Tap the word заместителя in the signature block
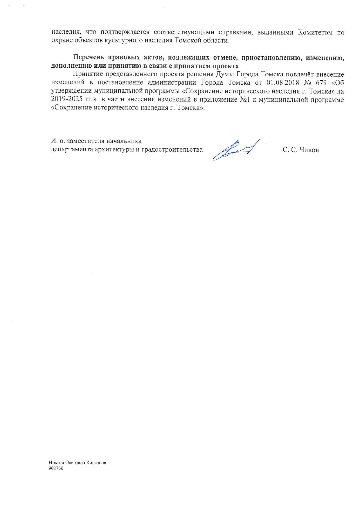pos(85,141)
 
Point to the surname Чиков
pos(309,150)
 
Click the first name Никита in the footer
pos(55,463)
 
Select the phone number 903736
pos(56,468)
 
